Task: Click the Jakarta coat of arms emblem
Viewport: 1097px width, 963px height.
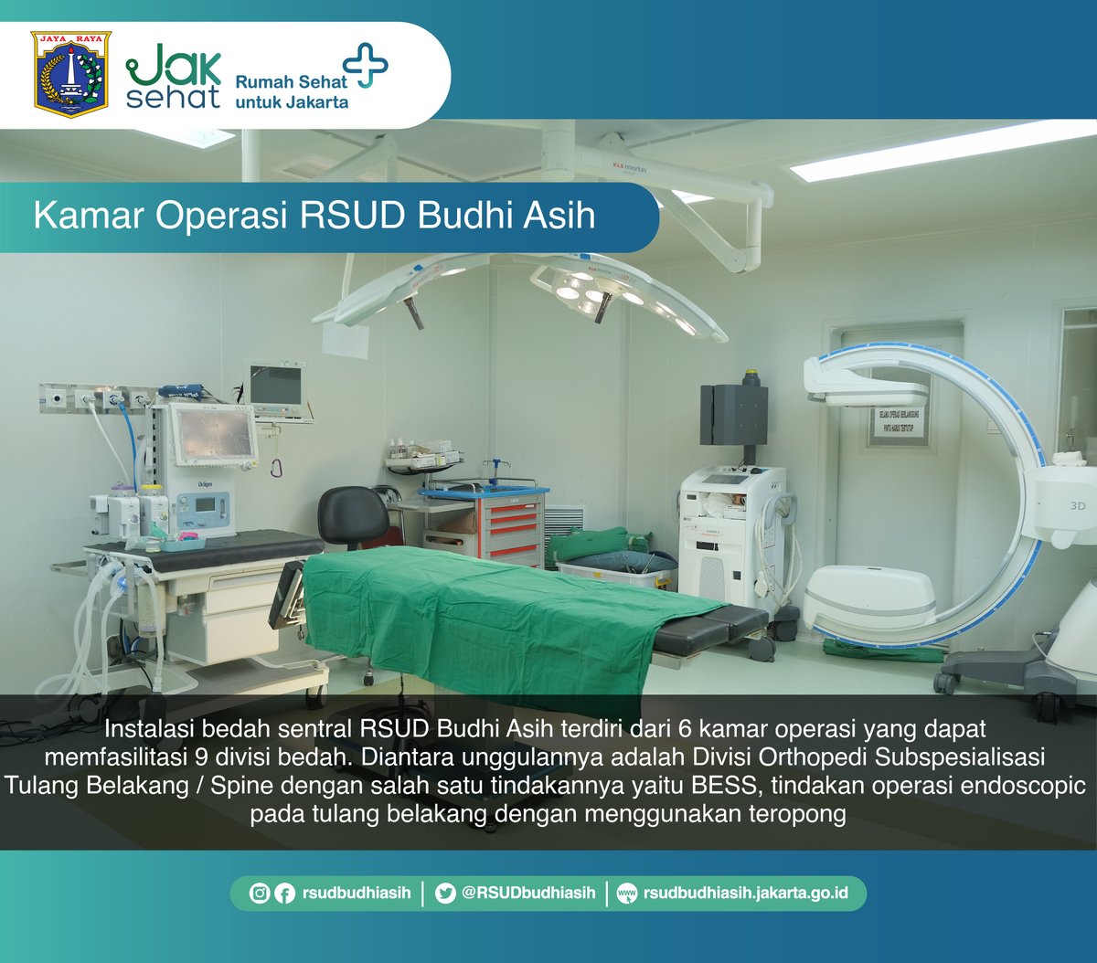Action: [71, 74]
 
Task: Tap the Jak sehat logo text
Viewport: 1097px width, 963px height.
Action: [173, 76]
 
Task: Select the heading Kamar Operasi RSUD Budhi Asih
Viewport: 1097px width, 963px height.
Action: [314, 216]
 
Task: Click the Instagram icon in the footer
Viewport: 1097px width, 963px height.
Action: [260, 894]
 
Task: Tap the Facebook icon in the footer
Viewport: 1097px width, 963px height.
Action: [284, 894]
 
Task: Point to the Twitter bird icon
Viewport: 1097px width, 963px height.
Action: [445, 894]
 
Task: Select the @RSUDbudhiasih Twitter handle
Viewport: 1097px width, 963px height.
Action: [527, 894]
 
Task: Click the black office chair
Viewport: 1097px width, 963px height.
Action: [353, 517]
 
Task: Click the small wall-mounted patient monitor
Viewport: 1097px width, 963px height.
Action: [275, 386]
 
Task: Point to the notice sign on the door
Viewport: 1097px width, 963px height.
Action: [898, 424]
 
